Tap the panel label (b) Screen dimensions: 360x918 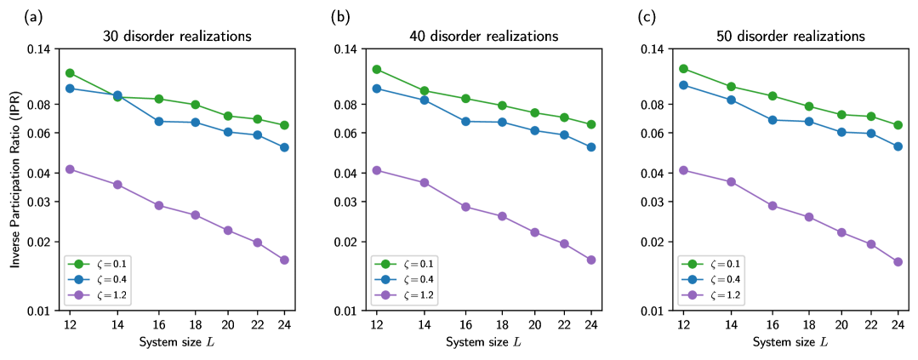pos(336,15)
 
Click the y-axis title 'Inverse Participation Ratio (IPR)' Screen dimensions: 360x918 pos(16,180)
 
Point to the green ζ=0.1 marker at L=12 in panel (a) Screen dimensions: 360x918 pos(70,73)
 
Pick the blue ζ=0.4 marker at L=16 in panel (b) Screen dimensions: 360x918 pos(465,122)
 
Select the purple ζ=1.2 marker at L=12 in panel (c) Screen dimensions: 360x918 pos(683,170)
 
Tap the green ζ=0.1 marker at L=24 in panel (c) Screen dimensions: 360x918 pos(898,125)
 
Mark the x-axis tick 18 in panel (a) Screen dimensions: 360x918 pos(196,324)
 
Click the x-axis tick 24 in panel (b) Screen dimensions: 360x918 pos(591,324)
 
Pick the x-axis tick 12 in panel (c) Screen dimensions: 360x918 pos(683,324)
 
